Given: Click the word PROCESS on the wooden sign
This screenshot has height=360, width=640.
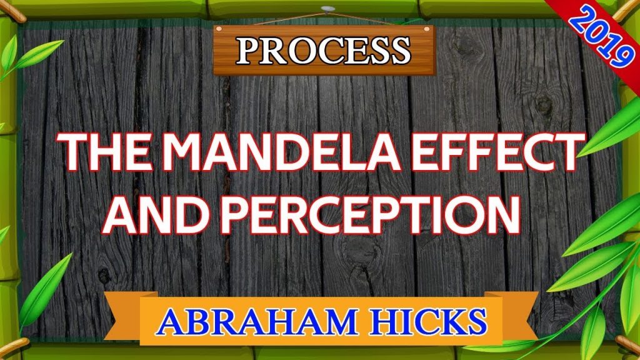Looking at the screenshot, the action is (323, 51).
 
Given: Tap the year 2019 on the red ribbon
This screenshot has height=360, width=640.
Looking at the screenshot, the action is (599, 37).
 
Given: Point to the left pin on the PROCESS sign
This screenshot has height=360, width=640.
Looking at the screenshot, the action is (219, 29).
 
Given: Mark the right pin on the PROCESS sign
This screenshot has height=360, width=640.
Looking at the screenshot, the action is (427, 29).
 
